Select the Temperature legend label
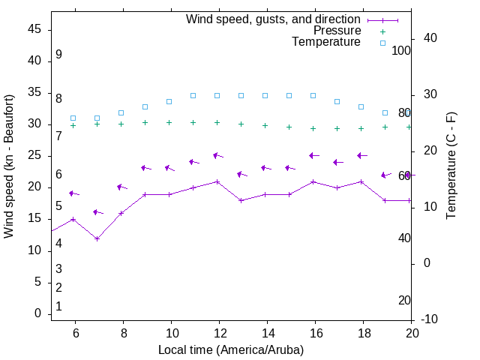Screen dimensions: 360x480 coord(326,42)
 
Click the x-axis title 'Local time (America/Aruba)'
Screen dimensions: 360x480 coord(231,349)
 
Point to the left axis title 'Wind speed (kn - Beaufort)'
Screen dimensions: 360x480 coord(9,166)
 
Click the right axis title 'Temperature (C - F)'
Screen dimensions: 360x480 coord(451,166)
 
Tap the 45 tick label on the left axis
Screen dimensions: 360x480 coord(34,29)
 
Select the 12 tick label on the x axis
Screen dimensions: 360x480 coord(218,332)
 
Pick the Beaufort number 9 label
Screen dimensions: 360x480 coord(58,55)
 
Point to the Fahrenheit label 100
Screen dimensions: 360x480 coord(401,50)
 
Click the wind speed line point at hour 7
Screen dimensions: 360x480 coord(97,238)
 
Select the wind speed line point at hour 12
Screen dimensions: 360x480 coord(217,181)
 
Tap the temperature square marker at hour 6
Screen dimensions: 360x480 coord(73,118)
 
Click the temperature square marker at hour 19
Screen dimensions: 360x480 coord(385,112)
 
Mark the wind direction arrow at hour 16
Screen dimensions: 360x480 coord(313,156)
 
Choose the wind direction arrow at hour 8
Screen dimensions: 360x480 coord(121,187)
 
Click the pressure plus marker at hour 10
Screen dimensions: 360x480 coord(169,122)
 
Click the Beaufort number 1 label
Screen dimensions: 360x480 coord(58,306)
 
